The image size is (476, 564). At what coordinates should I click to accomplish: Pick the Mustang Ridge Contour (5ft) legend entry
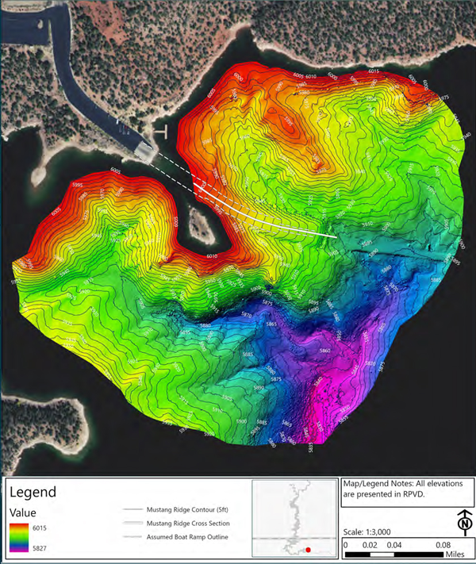[x=186, y=510]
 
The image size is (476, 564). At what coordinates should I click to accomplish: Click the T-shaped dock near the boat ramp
[x=160, y=129]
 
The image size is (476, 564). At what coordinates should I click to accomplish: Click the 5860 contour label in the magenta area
[x=324, y=350]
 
